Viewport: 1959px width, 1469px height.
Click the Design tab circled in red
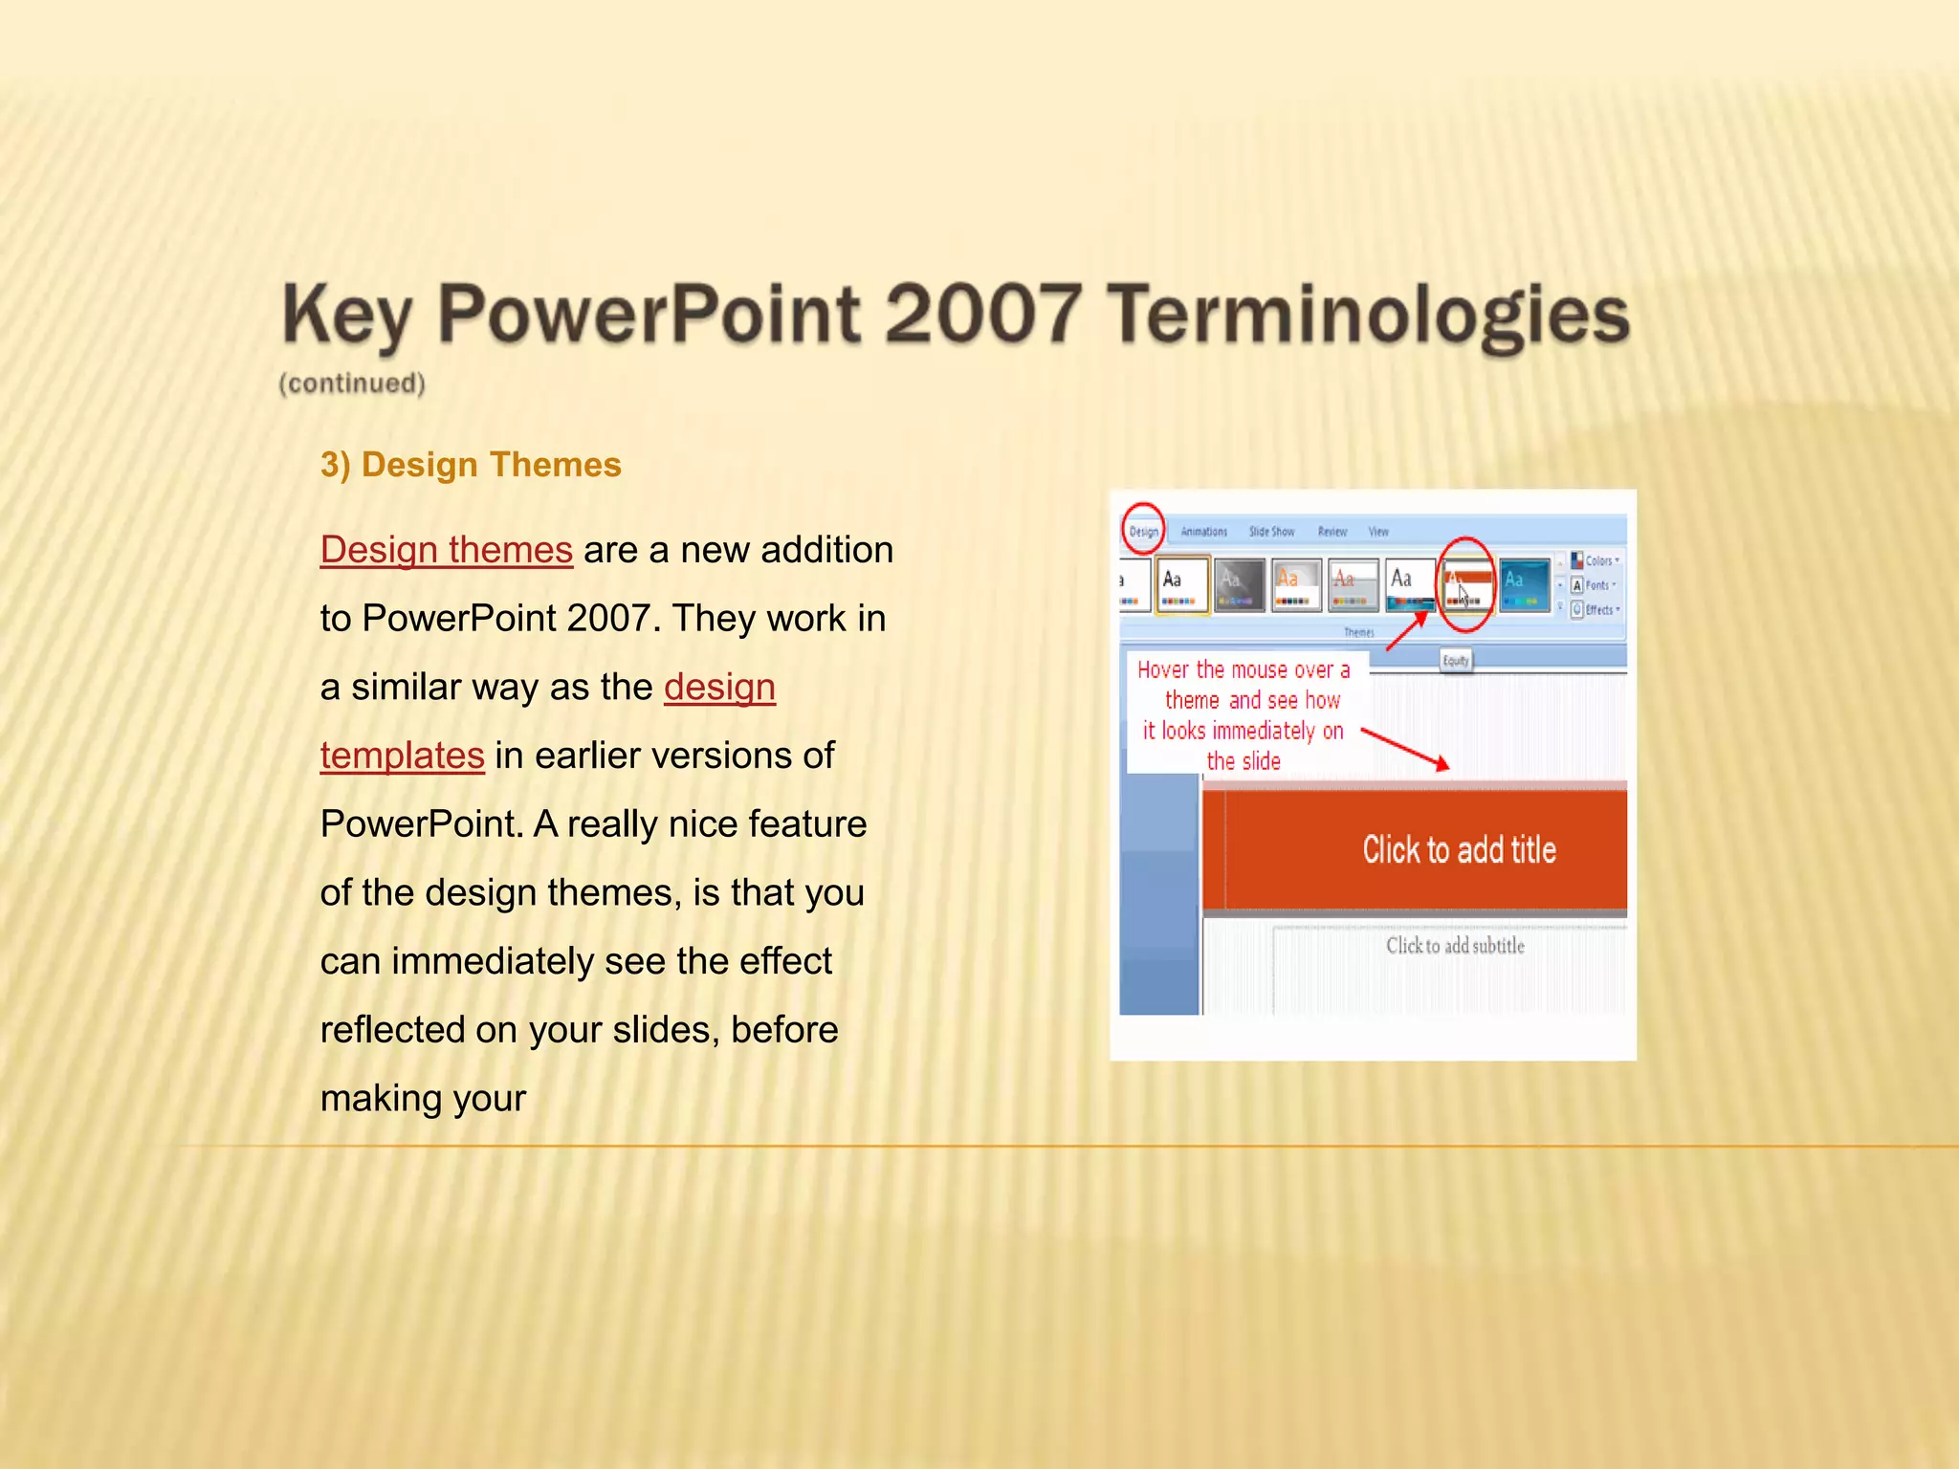click(1143, 531)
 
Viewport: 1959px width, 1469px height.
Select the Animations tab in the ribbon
click(1203, 532)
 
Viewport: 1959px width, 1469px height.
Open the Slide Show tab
click(1271, 532)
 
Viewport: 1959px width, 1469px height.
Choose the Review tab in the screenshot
click(1332, 532)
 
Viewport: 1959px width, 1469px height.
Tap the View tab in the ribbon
click(1378, 532)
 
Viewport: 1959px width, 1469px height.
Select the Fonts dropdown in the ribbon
click(1595, 585)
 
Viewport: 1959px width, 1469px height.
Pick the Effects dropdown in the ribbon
click(1596, 609)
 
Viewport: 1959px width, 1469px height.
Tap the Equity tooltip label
click(1455, 660)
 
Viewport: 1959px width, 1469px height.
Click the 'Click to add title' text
click(1459, 849)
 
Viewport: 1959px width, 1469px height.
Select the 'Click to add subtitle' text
click(1455, 946)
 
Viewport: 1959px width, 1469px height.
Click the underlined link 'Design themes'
click(447, 550)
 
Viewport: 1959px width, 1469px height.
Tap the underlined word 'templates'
click(402, 756)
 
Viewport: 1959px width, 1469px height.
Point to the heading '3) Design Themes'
click(471, 465)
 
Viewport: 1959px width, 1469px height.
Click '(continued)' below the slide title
click(352, 384)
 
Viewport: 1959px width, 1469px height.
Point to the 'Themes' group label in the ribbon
click(1358, 632)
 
